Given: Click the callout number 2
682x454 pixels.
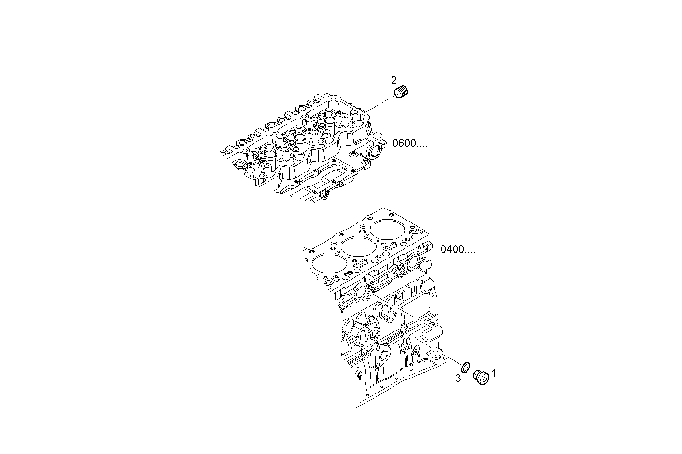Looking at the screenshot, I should coord(394,80).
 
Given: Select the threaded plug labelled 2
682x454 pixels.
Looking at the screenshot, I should coord(402,91).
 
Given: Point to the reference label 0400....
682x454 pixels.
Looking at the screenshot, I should coord(452,250).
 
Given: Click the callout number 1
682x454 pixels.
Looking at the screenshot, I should coord(493,372).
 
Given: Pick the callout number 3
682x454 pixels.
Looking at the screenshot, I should coord(458,379).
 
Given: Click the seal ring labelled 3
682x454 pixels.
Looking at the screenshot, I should coord(466,368).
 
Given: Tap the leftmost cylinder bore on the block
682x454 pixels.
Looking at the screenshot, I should coord(329,263).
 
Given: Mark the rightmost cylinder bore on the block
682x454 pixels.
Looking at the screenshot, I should coord(387,230).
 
